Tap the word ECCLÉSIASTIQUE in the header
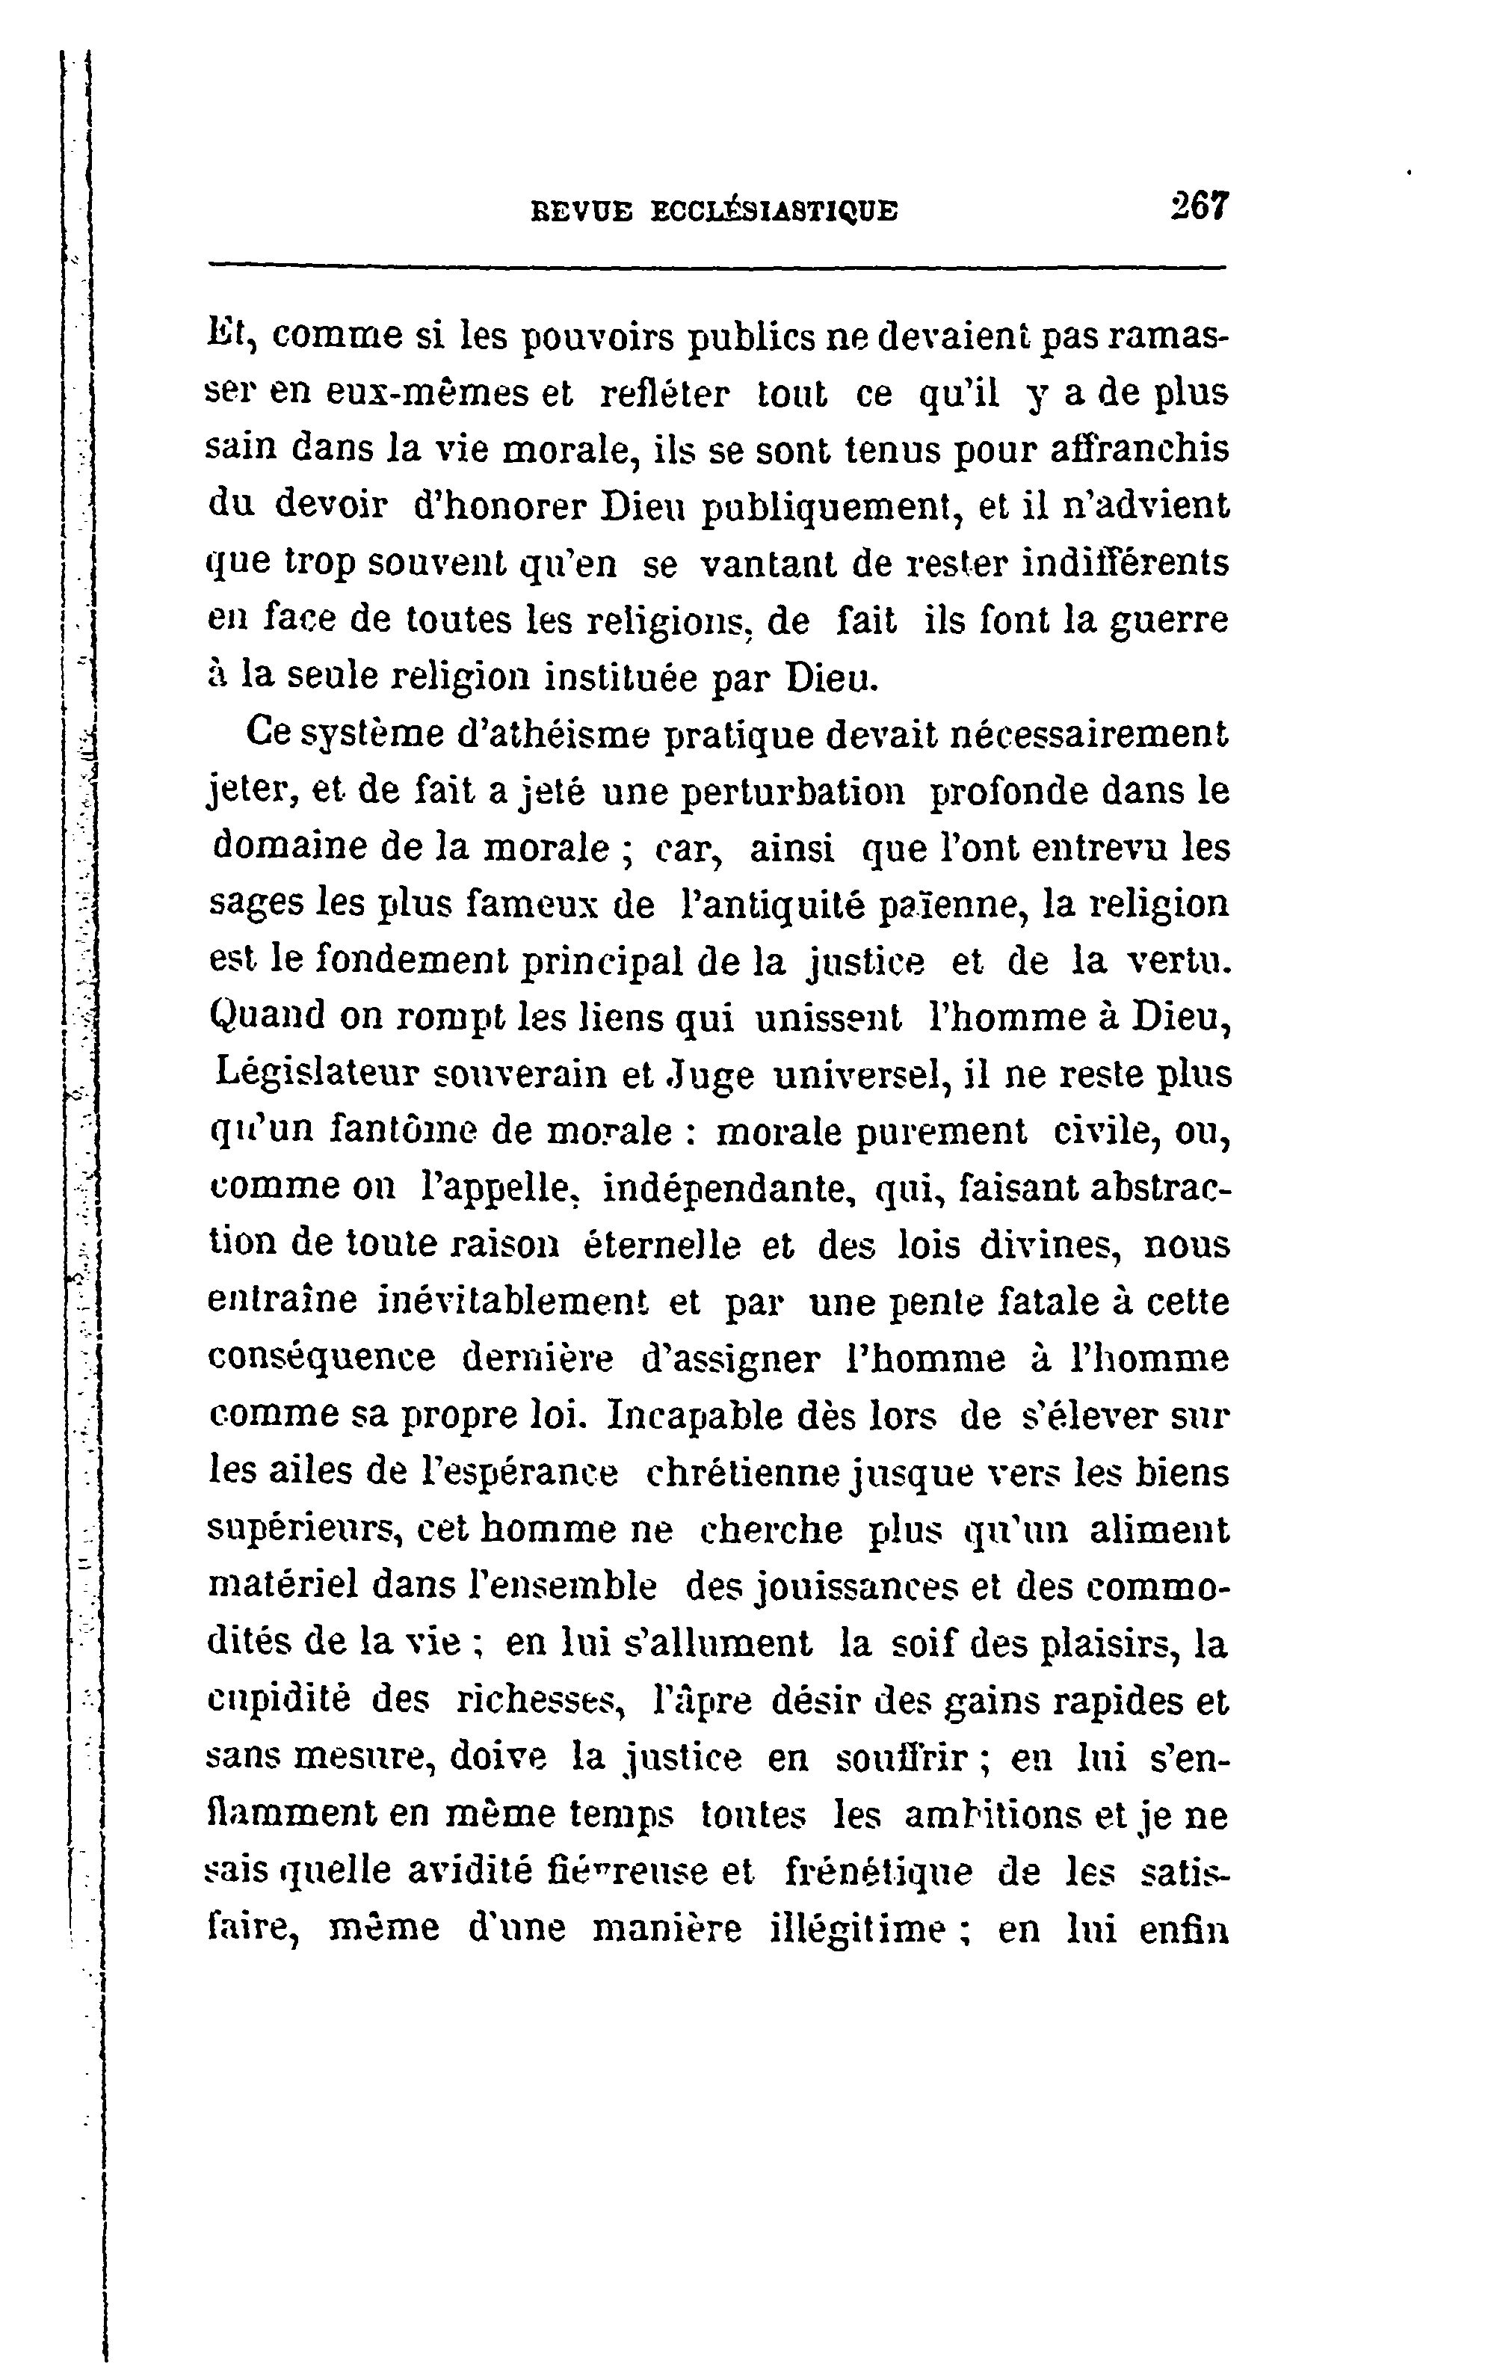pyautogui.click(x=774, y=211)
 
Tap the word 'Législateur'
pyautogui.click(x=315, y=1075)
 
